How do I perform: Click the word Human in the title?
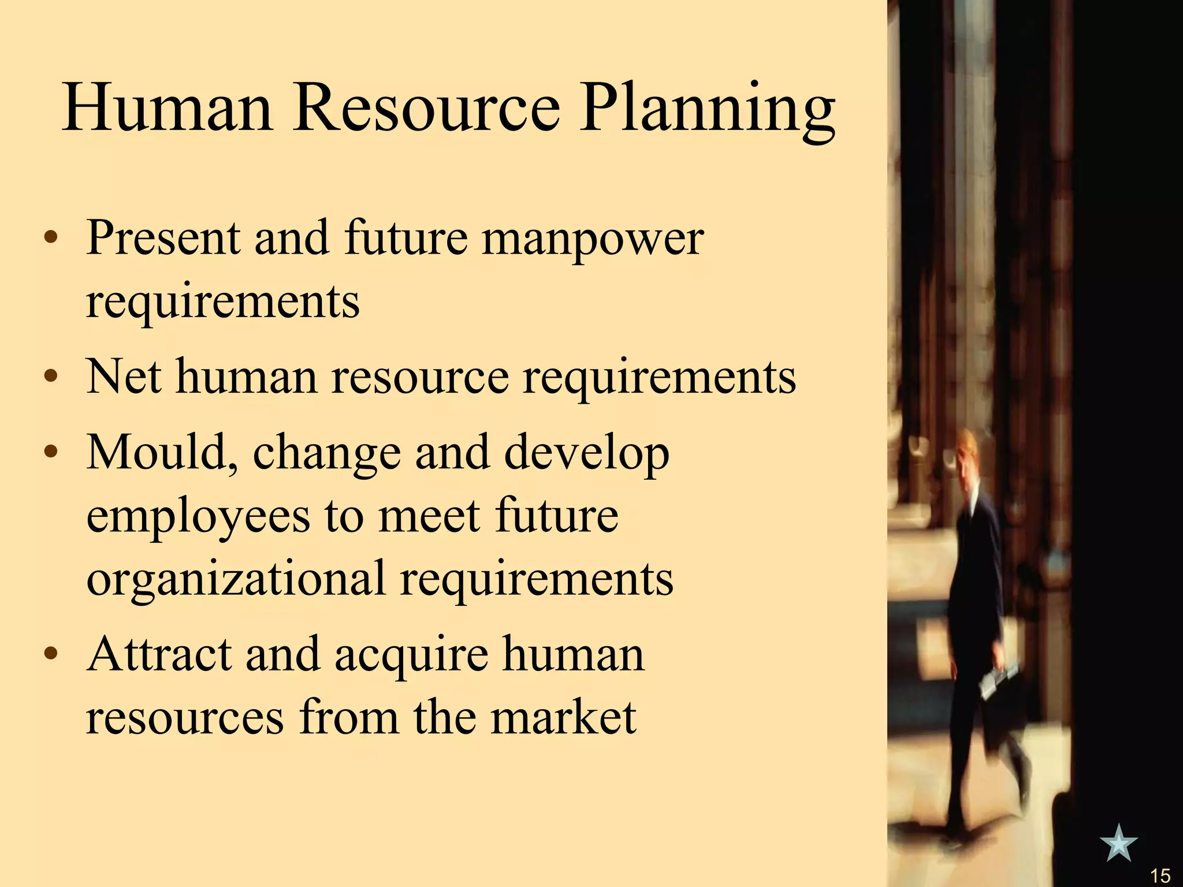[x=167, y=107]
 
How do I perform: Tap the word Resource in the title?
[x=426, y=107]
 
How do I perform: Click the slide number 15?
[x=1160, y=875]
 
